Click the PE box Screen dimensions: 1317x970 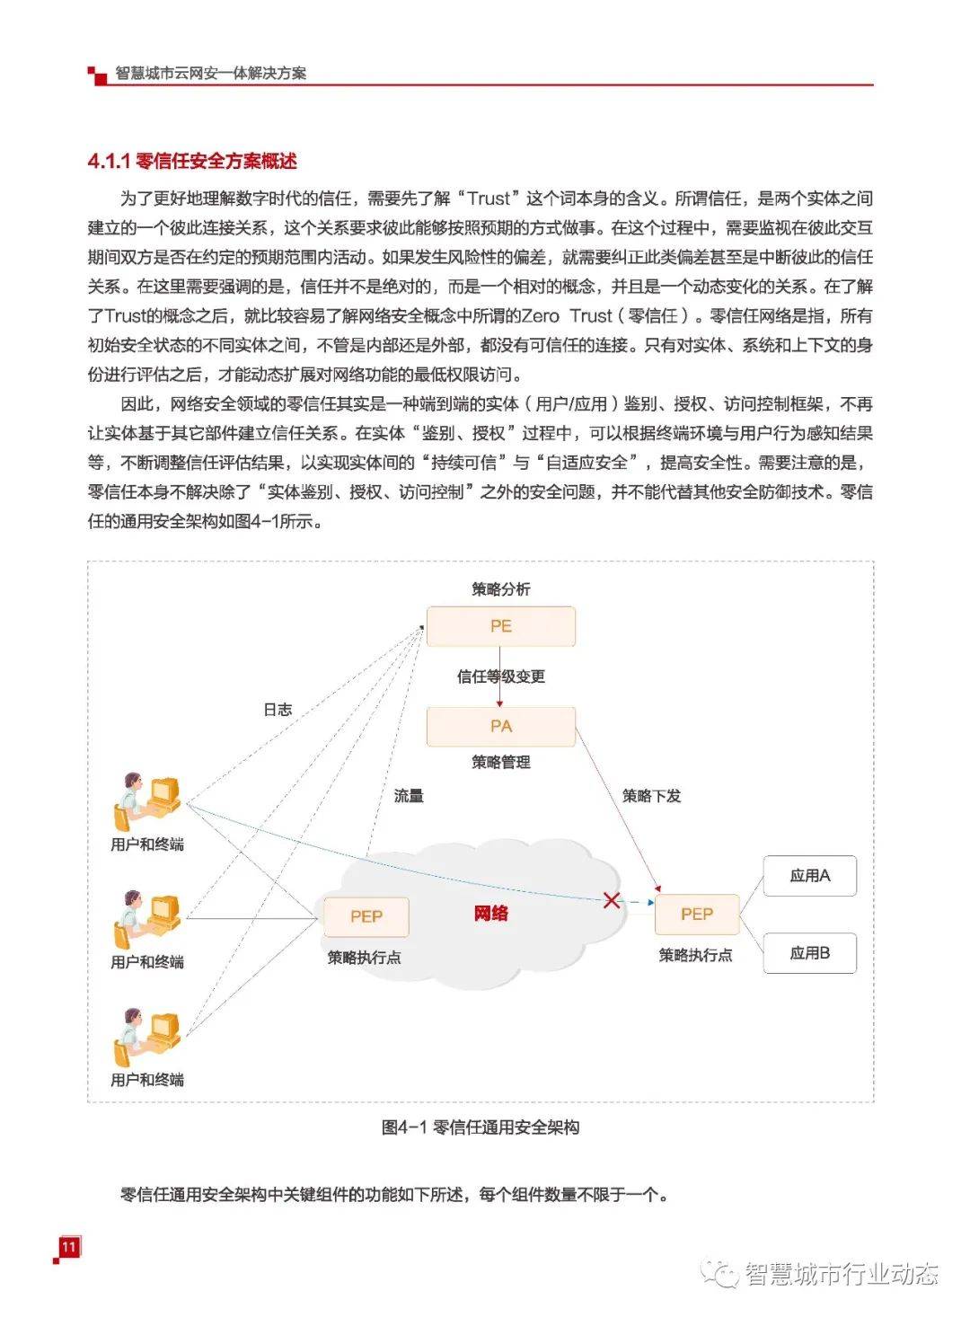(500, 626)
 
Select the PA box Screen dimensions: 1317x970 (500, 726)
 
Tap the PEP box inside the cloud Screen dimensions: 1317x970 (366, 916)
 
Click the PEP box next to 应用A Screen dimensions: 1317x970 (696, 915)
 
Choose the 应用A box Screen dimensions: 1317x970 (809, 876)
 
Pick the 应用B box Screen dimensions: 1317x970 (809, 953)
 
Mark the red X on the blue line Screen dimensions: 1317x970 (612, 899)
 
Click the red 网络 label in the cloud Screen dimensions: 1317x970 (491, 914)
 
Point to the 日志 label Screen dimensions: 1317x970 (278, 709)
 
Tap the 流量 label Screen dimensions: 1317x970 (409, 795)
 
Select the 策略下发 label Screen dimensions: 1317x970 (651, 795)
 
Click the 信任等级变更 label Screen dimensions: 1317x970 (500, 676)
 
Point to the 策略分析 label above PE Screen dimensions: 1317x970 (500, 589)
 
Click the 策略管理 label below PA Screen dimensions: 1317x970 (500, 762)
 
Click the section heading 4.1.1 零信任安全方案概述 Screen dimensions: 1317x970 (192, 162)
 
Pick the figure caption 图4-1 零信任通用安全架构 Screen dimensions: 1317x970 (481, 1127)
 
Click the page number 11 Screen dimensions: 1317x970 (68, 1247)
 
